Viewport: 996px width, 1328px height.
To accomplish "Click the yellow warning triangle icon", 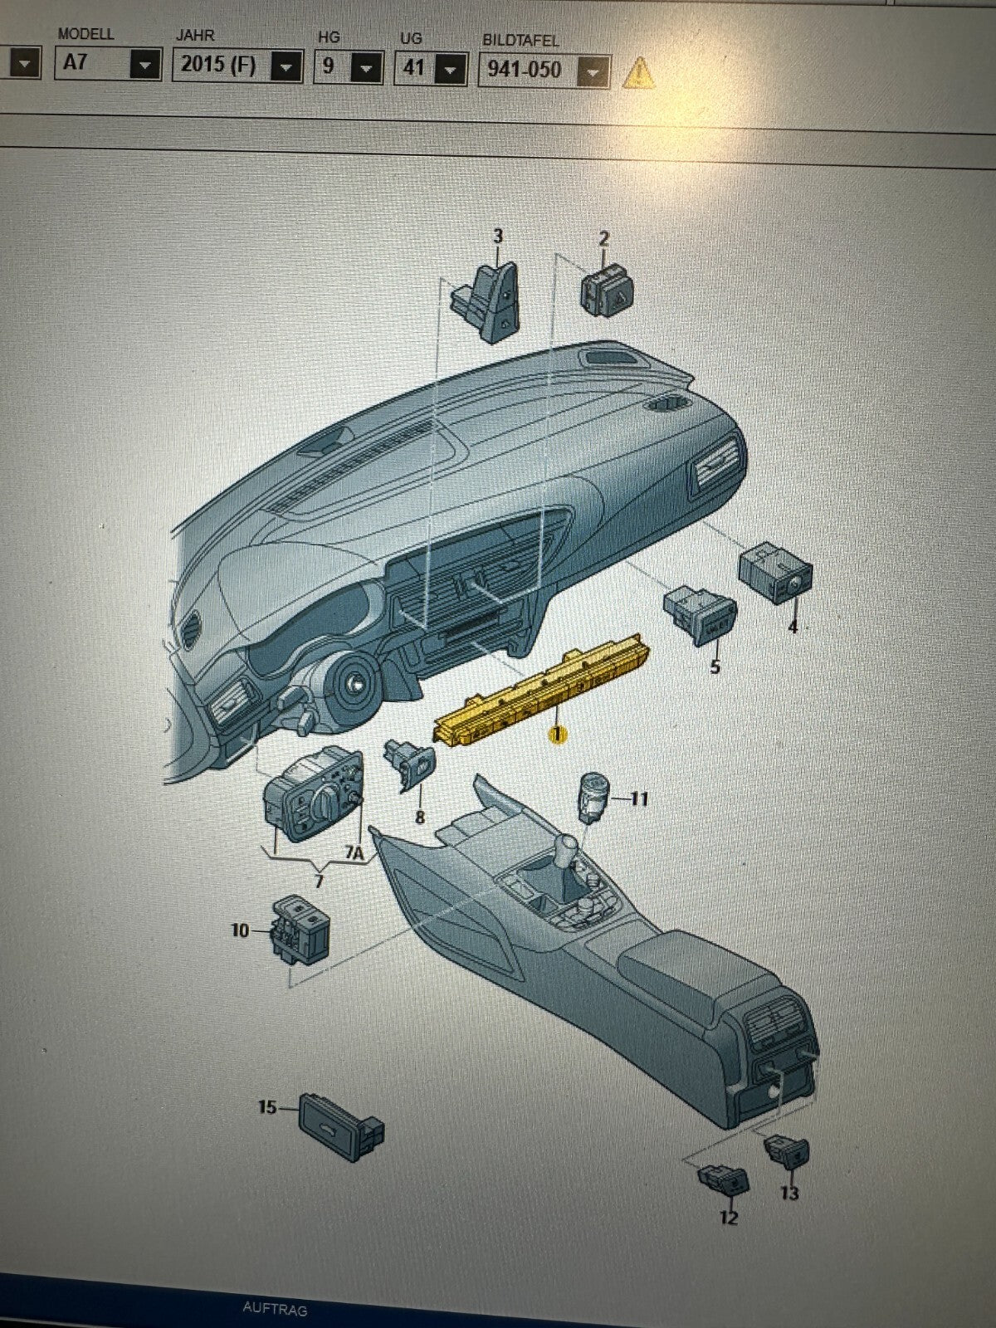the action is (x=638, y=73).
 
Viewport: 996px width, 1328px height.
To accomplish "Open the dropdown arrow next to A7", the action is (x=146, y=64).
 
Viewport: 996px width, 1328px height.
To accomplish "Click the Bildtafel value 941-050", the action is (x=525, y=70).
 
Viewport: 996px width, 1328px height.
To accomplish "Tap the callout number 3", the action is (x=498, y=237).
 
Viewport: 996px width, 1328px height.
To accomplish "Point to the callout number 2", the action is (x=603, y=239).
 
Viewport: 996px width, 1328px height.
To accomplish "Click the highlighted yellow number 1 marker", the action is (x=556, y=735).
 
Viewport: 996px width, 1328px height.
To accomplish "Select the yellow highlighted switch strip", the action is (x=541, y=691).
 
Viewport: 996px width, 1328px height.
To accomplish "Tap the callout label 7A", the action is (x=355, y=853).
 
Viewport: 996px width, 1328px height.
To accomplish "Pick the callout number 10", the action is (x=240, y=930).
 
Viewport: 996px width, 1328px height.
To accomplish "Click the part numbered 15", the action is (x=341, y=1125).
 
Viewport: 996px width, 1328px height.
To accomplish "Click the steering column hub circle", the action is (x=351, y=684).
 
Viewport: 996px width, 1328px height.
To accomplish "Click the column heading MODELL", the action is (x=85, y=34).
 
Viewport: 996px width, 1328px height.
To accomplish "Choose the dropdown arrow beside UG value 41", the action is (x=450, y=70).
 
